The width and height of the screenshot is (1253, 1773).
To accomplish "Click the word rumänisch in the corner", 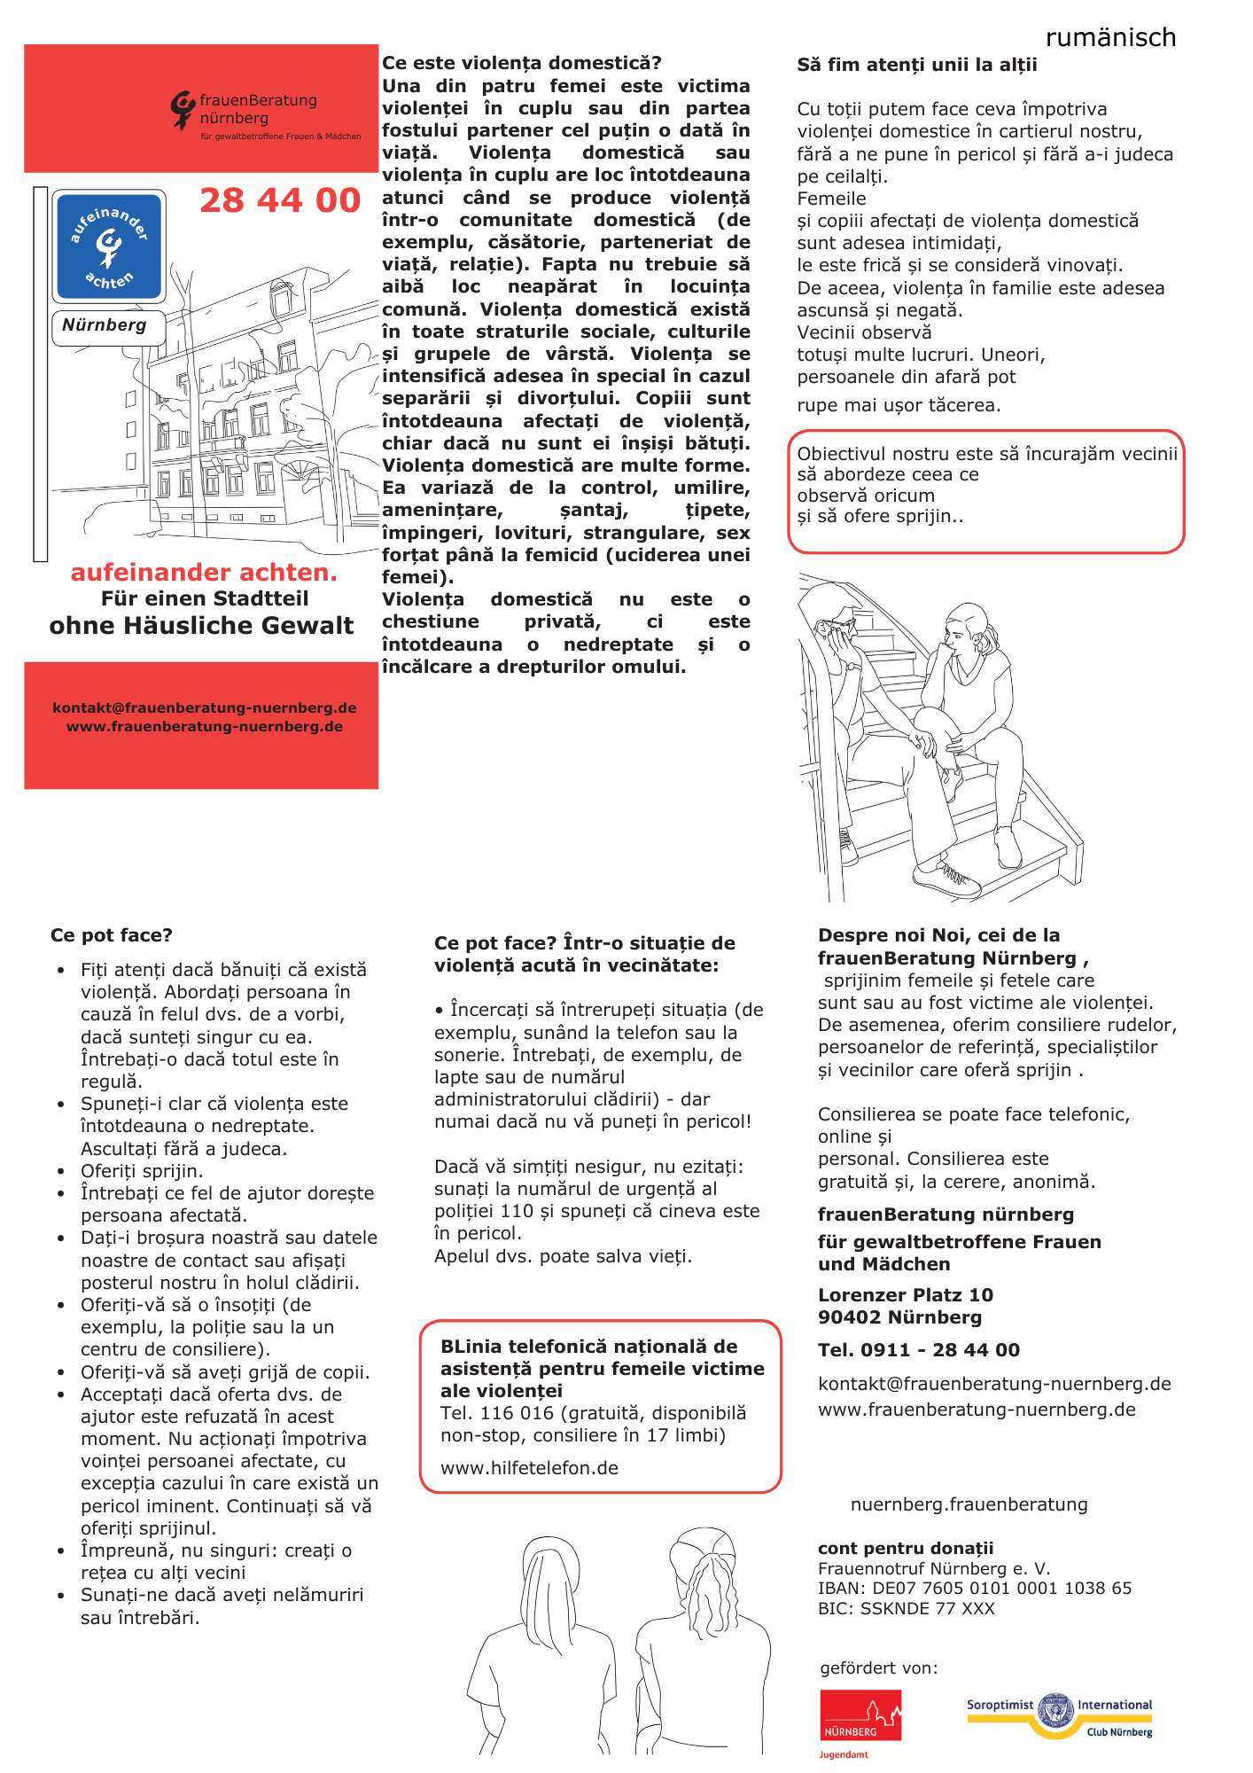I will pyautogui.click(x=1110, y=37).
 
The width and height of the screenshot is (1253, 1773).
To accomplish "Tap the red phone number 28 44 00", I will pyautogui.click(x=280, y=200).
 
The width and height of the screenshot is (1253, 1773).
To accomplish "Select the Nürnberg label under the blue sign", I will pyautogui.click(x=105, y=325).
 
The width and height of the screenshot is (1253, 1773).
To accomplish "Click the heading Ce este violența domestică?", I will pyautogui.click(x=521, y=63).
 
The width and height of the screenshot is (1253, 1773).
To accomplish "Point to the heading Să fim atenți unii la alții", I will pyautogui.click(x=916, y=65).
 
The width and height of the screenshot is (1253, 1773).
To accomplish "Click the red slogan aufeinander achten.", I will pyautogui.click(x=204, y=573).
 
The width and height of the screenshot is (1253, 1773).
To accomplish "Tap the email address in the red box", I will pyautogui.click(x=204, y=707).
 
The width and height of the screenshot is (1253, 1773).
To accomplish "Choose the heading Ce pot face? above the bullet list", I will pyautogui.click(x=112, y=935).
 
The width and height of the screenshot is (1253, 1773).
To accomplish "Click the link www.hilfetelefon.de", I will pyautogui.click(x=529, y=1468).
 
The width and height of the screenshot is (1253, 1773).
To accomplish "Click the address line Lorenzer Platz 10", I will pyautogui.click(x=905, y=1295).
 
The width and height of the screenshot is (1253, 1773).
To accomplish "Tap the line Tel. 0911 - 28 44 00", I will pyautogui.click(x=918, y=1350).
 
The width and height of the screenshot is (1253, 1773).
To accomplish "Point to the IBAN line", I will pyautogui.click(x=974, y=1588).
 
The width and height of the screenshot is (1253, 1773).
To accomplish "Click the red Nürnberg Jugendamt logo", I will pyautogui.click(x=860, y=1720).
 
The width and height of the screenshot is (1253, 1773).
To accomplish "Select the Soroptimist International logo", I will pyautogui.click(x=1059, y=1714).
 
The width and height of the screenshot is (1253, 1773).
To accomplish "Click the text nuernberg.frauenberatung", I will pyautogui.click(x=969, y=1504).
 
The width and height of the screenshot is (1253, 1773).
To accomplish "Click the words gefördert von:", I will pyautogui.click(x=878, y=1668).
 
